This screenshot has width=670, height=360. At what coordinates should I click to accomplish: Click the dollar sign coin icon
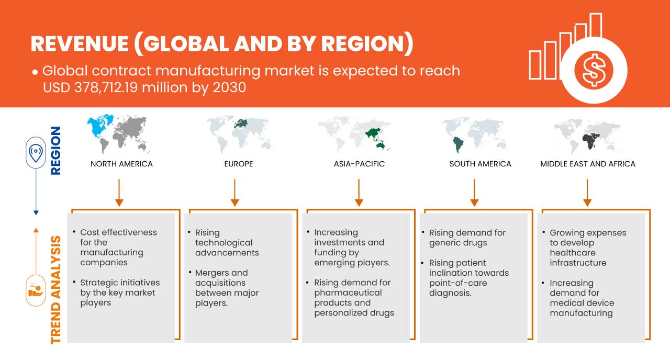coord(594,71)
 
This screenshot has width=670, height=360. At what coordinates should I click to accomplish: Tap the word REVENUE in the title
coord(80,44)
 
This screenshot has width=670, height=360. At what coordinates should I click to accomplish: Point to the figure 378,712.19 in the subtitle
coord(106,87)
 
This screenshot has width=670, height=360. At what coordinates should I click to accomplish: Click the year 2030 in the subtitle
coord(229,87)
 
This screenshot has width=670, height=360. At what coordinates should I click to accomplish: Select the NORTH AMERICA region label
coord(121,164)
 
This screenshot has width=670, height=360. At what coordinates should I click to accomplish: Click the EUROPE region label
coord(239,164)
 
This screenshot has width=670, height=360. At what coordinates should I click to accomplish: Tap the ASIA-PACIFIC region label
coord(359,164)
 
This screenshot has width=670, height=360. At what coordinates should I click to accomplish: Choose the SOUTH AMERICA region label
coord(481,164)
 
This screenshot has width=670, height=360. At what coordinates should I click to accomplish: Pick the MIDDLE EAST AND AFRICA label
coord(588,164)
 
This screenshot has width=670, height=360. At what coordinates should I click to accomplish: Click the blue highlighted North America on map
coord(99,126)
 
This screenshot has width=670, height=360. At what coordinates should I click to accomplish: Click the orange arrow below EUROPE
coord(235,193)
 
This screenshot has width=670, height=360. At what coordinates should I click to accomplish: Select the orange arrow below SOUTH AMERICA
coord(474,193)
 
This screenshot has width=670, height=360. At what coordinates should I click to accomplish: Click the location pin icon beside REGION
coord(36,152)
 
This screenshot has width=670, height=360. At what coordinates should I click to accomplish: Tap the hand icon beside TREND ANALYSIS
coord(36,290)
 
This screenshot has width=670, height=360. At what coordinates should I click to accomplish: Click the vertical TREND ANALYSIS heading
coord(56,290)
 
